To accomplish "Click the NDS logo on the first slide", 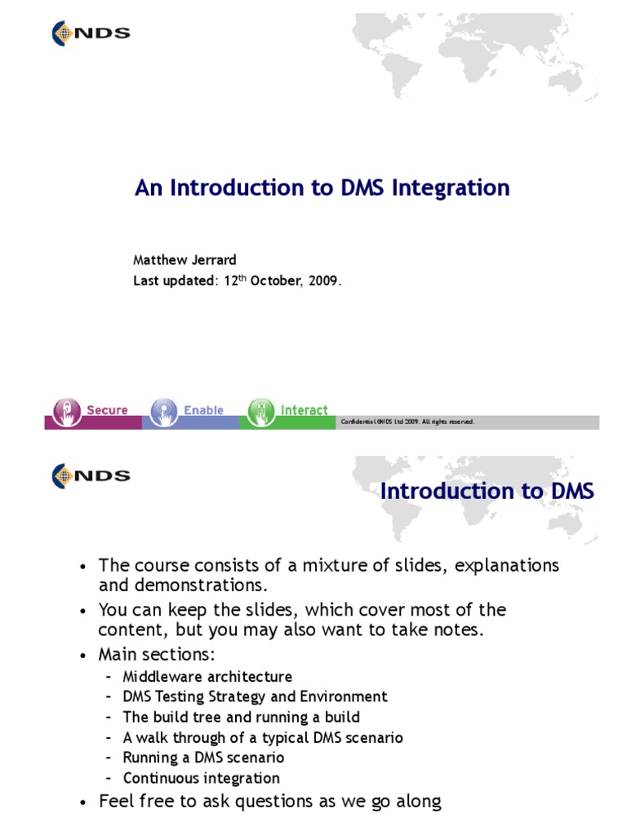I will point(91,33).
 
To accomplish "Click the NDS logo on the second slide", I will point(91,475).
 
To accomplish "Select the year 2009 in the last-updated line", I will point(322,281).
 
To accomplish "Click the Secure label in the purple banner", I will point(107,410).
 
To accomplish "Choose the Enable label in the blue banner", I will point(203,410).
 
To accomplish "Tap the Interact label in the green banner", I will point(305,410).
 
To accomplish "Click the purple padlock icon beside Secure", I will point(67,410).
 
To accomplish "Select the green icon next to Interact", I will point(261,410).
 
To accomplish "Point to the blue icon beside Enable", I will point(164,410).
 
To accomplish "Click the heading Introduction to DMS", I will point(487,491).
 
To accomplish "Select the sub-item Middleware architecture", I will point(207,677).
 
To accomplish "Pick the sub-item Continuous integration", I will point(201,778).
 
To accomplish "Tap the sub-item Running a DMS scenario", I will point(203,758).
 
